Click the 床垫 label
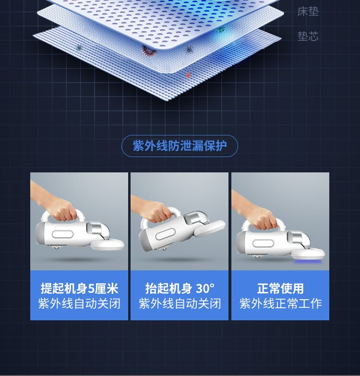308,11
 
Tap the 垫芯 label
308,36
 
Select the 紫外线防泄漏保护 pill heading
180,146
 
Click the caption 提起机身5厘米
79,288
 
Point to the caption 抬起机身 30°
180,288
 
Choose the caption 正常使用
280,288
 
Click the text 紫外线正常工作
280,303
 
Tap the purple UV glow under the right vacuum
308,261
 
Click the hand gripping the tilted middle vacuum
154,209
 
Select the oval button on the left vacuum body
62,234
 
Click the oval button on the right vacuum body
263,243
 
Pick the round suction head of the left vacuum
108,244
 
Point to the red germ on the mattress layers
188,75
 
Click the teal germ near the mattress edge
220,30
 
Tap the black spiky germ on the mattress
189,49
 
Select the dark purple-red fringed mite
149,51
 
